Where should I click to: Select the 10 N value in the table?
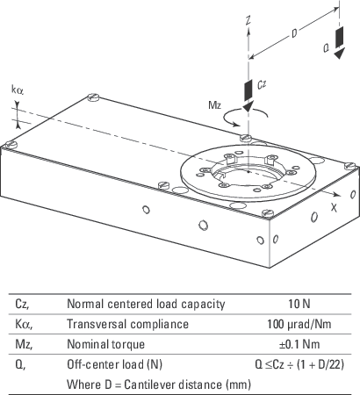[x=300, y=304]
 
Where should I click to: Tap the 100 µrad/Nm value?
[x=300, y=324]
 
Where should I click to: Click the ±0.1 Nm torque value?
[x=300, y=344]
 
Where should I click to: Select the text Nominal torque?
[x=104, y=344]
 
